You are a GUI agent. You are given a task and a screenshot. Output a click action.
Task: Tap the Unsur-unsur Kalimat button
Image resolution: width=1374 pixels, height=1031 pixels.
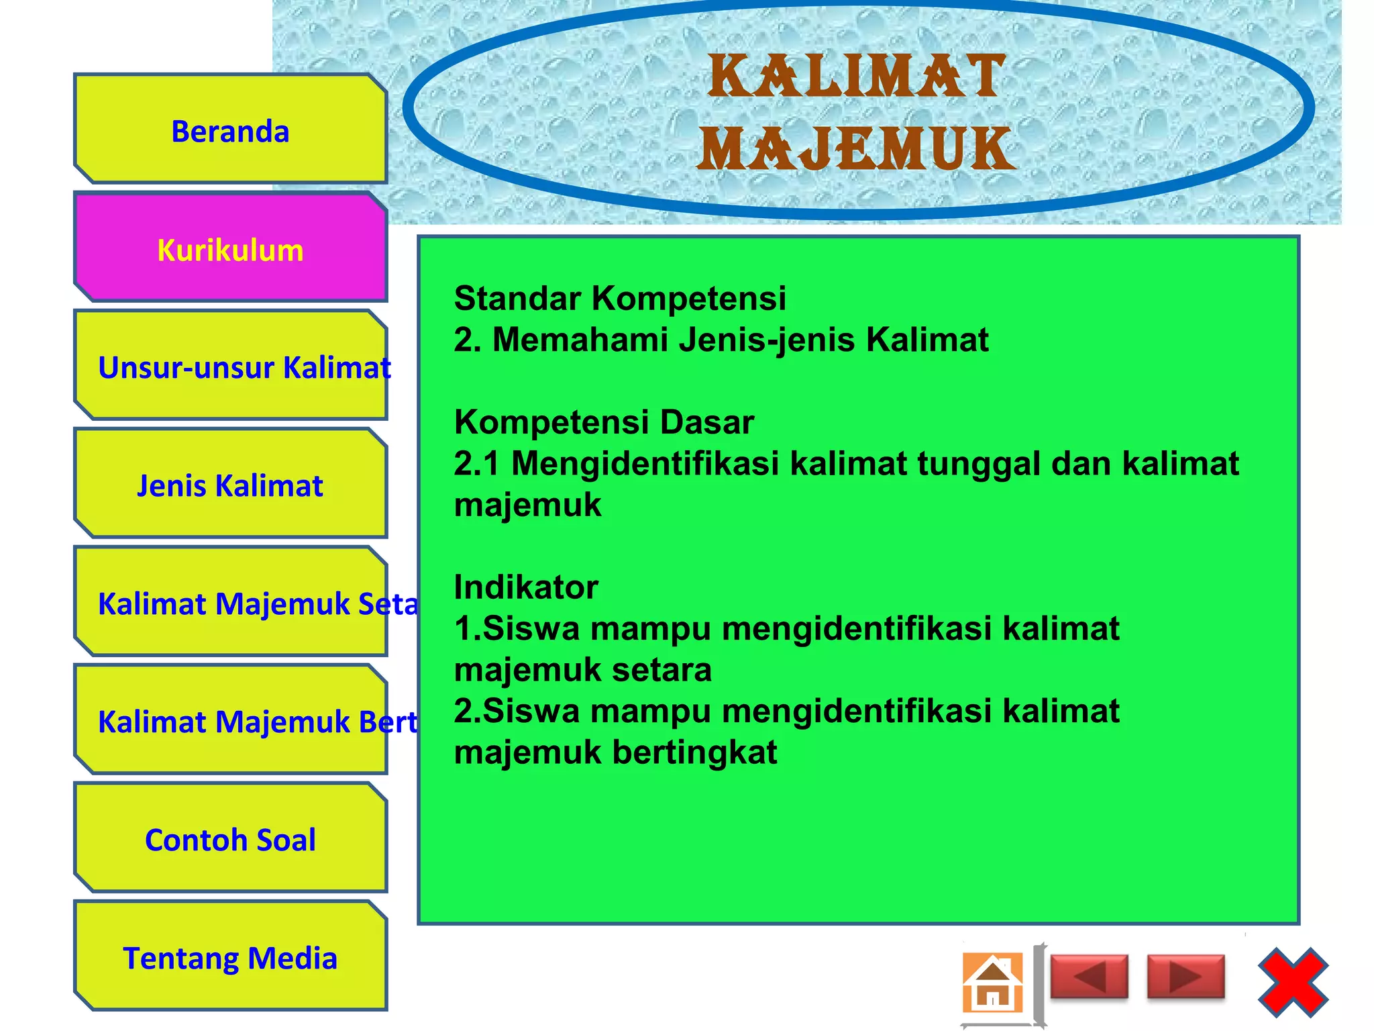click(x=230, y=366)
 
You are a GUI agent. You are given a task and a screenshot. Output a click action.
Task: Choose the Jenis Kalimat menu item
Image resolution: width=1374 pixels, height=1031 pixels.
click(x=230, y=485)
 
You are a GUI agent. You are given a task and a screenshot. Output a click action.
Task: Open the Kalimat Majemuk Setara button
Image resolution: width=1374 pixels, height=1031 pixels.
click(x=230, y=603)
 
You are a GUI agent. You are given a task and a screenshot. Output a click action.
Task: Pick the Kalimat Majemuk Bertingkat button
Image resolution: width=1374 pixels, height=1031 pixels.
click(x=230, y=721)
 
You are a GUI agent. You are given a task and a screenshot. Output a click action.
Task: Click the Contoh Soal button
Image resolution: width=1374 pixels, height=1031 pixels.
click(x=230, y=839)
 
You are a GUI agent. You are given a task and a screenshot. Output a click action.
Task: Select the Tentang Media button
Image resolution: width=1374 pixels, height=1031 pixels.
click(x=230, y=957)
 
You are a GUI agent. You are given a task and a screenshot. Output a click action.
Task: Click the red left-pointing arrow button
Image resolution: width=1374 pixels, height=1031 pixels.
click(x=1089, y=977)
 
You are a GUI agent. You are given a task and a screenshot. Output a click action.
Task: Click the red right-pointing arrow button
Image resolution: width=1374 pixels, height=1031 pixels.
click(x=1185, y=977)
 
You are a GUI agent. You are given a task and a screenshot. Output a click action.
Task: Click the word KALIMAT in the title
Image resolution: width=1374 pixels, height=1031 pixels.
click(x=857, y=77)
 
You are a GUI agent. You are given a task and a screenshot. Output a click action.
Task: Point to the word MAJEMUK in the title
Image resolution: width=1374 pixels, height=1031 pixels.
click(x=857, y=149)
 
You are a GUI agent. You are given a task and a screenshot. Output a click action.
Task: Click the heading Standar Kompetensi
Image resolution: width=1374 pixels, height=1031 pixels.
click(x=619, y=298)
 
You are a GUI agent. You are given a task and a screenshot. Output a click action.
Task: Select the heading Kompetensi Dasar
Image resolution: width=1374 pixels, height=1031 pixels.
click(x=604, y=422)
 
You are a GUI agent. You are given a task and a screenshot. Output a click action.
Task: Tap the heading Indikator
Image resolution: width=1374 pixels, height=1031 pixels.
click(x=526, y=587)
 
